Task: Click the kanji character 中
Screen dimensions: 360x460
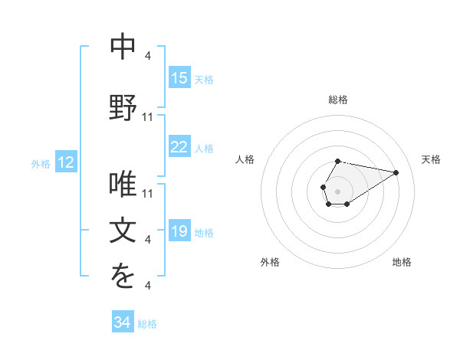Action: tap(123, 47)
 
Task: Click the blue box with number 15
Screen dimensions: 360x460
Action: tap(179, 78)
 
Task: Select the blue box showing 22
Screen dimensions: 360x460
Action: tap(179, 147)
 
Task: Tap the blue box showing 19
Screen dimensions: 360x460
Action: tap(179, 231)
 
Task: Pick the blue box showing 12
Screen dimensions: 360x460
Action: tap(66, 162)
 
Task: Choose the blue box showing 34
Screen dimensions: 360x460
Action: tap(123, 323)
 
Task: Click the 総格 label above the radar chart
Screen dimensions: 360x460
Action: tap(338, 100)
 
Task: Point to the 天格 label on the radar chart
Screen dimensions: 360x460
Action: tap(431, 159)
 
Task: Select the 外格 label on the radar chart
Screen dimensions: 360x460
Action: tap(270, 262)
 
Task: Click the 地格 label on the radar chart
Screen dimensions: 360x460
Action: tap(402, 262)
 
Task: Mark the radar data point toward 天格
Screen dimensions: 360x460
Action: tap(396, 172)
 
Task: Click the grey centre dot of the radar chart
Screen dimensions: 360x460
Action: tap(337, 190)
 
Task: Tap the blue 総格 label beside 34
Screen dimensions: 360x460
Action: tap(147, 324)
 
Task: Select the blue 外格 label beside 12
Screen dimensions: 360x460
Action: tap(41, 163)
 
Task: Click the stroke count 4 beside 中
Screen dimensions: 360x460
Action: tap(147, 55)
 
